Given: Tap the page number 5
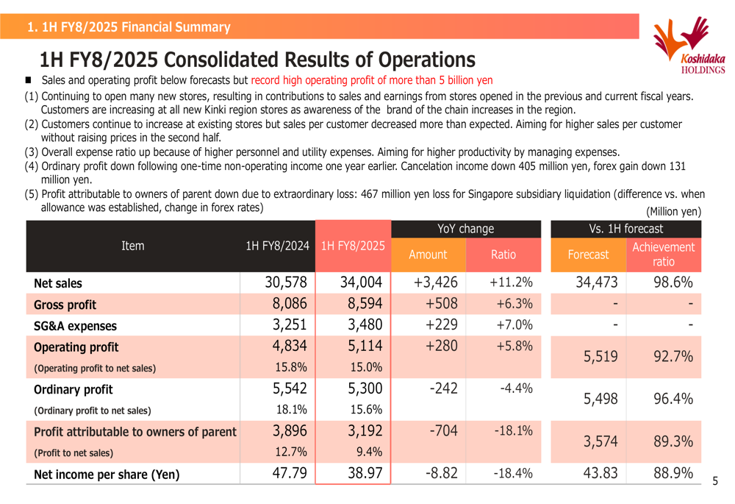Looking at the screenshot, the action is point(715,481).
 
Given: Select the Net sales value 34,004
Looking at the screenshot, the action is point(361,282).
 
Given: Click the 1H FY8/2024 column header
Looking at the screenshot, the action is point(278,246).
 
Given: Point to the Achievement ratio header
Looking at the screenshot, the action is point(663,255).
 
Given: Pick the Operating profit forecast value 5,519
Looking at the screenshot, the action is point(600,357).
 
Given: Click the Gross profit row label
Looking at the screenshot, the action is point(65,305).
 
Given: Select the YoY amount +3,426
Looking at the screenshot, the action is point(435,282).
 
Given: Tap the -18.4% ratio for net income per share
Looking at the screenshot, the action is point(513,473).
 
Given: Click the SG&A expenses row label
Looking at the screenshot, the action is point(75,326).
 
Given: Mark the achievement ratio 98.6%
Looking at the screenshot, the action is point(673,282).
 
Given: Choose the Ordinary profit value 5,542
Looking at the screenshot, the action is point(290,388).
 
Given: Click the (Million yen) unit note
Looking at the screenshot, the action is point(673,212).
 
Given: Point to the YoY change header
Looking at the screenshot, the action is point(465,229).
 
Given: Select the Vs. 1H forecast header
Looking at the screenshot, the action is point(625,229).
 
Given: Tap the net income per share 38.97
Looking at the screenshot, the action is point(365,473).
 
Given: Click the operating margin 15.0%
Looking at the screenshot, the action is point(366,367).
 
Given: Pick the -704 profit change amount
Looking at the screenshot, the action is point(443,431).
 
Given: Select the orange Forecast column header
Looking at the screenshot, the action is point(588,255).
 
